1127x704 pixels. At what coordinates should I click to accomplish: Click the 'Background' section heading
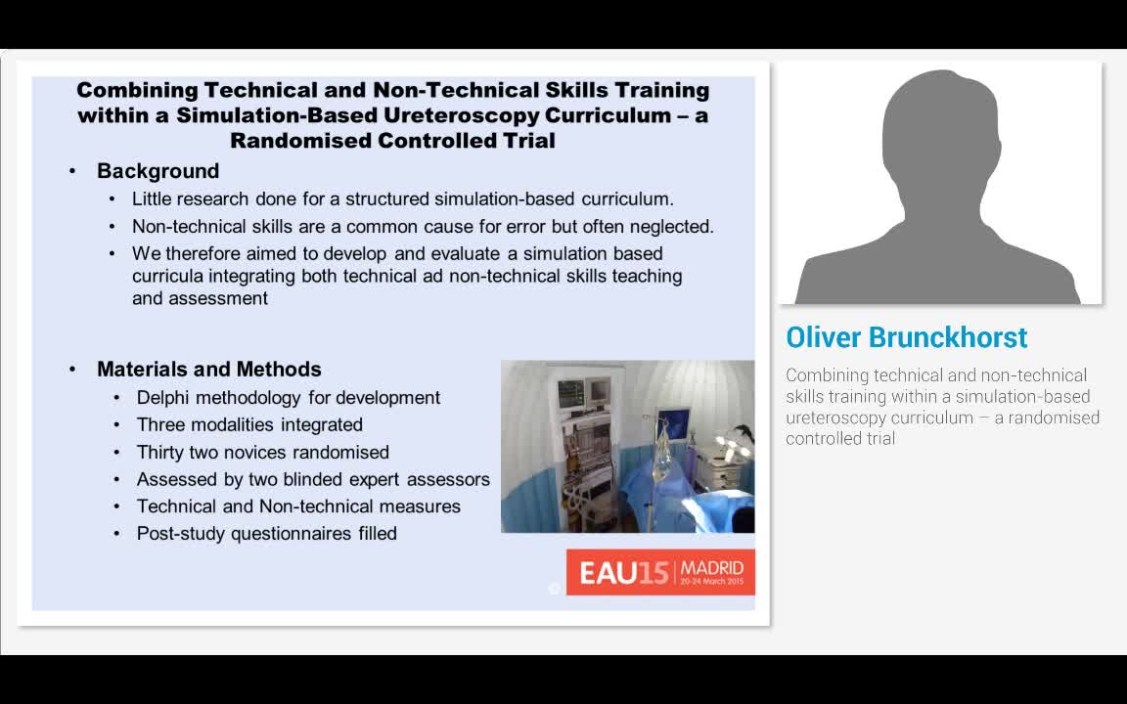158,171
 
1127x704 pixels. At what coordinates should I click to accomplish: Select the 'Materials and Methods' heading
208,370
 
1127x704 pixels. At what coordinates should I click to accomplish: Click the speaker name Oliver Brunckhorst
906,337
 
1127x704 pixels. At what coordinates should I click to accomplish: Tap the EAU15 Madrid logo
660,572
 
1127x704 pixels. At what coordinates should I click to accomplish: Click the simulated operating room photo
627,447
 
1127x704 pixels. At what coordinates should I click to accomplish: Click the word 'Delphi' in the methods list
162,398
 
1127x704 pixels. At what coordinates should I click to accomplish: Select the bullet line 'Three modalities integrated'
249,425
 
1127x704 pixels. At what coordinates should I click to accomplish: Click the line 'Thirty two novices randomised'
262,453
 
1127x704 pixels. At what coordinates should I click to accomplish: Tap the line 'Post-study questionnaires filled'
266,534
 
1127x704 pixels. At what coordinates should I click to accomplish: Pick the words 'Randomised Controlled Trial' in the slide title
392,141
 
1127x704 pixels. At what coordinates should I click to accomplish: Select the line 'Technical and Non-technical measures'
298,506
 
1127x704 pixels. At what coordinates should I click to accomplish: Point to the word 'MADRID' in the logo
711,567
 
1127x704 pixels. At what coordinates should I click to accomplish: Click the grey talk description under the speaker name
942,407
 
